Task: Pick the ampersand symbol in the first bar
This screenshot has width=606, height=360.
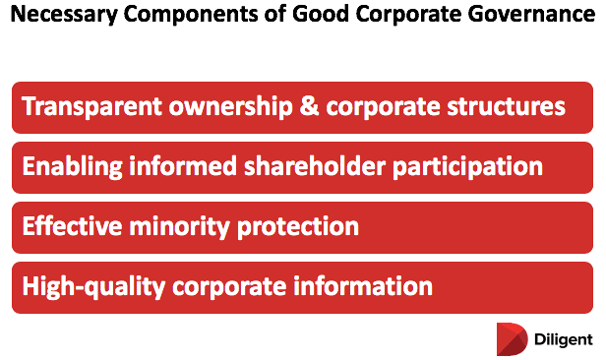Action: [311, 106]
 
